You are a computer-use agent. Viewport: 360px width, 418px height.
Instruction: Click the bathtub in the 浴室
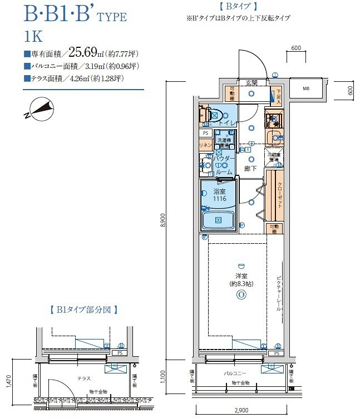219,220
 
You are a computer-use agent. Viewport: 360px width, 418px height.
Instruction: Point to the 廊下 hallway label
250,168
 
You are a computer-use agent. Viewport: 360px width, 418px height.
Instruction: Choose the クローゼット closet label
280,194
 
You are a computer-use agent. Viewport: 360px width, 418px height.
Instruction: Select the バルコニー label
235,373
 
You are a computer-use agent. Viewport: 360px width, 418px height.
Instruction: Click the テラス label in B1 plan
84,378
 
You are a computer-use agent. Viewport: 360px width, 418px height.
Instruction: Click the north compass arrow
39,109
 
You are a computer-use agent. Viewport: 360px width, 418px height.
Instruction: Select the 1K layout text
33,37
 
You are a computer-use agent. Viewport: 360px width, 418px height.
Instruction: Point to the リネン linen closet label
204,145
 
